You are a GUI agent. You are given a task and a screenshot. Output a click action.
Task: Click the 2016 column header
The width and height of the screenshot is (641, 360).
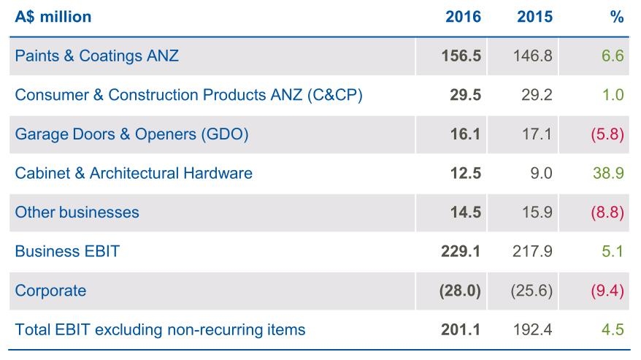click(x=463, y=17)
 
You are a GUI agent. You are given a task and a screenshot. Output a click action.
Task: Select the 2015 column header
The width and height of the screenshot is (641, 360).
click(x=534, y=17)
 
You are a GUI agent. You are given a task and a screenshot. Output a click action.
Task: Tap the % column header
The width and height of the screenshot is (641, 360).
click(x=617, y=17)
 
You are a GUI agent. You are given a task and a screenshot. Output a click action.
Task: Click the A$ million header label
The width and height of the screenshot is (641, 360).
click(x=53, y=17)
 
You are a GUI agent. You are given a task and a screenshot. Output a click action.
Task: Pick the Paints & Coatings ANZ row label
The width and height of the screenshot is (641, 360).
click(x=96, y=55)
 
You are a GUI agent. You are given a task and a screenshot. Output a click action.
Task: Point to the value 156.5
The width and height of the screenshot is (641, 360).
click(x=461, y=55)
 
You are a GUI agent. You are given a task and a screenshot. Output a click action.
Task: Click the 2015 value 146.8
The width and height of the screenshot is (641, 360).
click(x=534, y=55)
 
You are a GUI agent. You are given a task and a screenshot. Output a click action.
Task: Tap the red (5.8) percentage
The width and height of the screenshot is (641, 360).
click(x=607, y=134)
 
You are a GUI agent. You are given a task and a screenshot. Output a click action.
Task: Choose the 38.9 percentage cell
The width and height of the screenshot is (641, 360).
click(x=610, y=173)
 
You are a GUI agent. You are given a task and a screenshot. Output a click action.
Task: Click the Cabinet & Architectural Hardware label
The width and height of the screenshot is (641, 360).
click(x=134, y=173)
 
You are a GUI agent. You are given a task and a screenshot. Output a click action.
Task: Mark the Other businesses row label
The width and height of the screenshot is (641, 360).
click(x=77, y=212)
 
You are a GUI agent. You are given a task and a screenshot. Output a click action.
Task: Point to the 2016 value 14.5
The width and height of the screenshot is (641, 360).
click(x=465, y=212)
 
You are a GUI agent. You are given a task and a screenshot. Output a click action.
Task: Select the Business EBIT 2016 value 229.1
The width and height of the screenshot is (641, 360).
click(x=461, y=251)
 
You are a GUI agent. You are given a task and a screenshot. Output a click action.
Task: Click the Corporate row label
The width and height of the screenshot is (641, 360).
click(x=50, y=291)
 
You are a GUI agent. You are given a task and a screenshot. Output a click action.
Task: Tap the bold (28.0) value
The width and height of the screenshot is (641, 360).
click(x=460, y=291)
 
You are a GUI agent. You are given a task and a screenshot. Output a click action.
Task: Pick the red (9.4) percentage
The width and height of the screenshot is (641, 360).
click(x=607, y=291)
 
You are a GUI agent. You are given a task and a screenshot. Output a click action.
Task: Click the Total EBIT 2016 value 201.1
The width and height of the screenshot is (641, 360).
click(x=461, y=329)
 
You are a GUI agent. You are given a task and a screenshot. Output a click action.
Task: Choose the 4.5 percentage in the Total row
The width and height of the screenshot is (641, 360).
click(x=613, y=329)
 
